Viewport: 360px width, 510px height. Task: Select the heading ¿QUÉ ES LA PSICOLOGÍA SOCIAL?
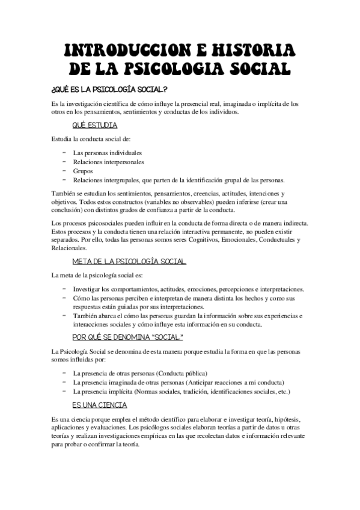pyautogui.click(x=109, y=90)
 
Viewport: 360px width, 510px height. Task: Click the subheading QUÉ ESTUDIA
pyautogui.click(x=94, y=125)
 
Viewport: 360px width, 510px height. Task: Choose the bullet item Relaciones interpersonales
pyautogui.click(x=108, y=162)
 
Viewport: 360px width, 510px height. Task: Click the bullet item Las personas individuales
pyautogui.click(x=103, y=153)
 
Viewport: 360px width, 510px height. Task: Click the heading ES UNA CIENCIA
pyautogui.click(x=99, y=405)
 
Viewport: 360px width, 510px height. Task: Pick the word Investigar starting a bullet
pyautogui.click(x=88, y=289)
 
